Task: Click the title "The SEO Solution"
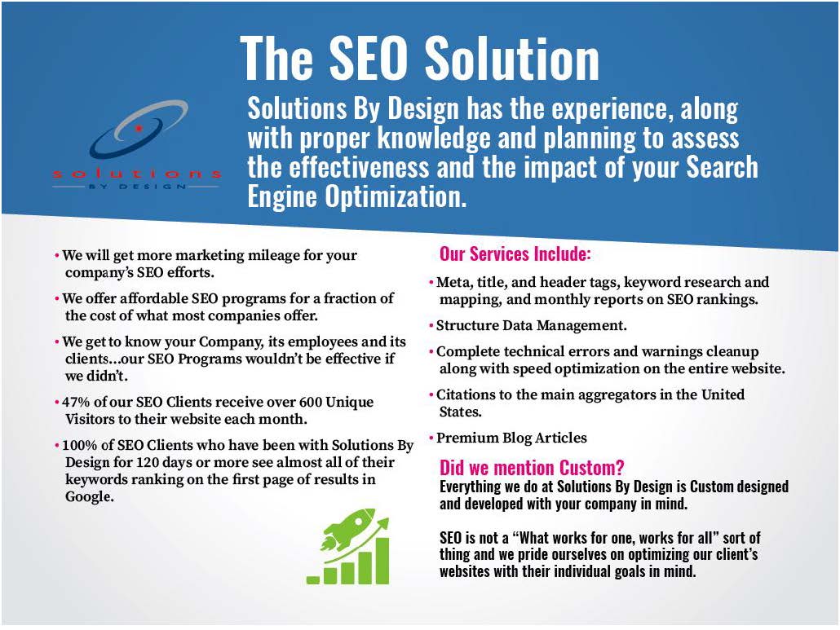tap(420, 58)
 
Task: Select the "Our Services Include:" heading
tap(515, 253)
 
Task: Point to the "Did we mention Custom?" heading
tap(532, 468)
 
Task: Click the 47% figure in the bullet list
tap(76, 403)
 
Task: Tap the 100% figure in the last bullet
tap(79, 446)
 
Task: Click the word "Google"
tap(87, 497)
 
